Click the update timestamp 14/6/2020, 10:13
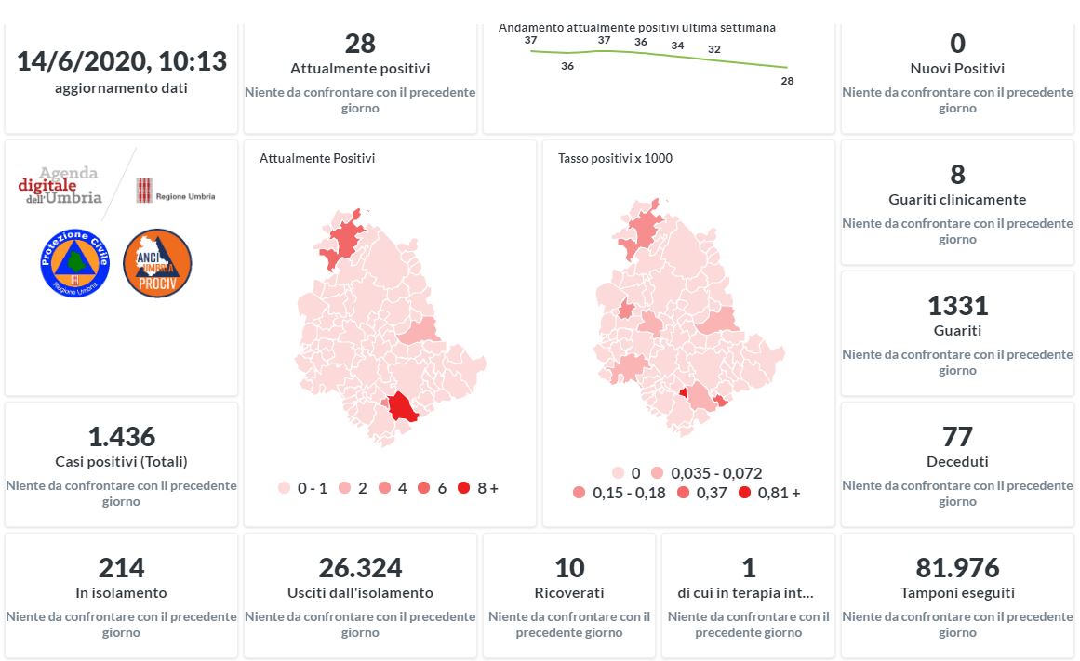pos(121,61)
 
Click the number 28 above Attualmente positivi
pos(360,44)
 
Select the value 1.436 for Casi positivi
pos(121,437)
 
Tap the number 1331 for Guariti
pos(957,306)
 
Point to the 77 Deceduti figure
pos(957,437)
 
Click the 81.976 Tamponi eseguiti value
pos(957,568)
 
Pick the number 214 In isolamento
pos(121,568)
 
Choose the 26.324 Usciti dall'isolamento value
pos(360,568)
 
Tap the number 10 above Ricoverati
pos(569,568)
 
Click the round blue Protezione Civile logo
pos(75,263)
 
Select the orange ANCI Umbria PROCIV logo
pos(157,263)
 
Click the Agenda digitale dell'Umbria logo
pos(60,185)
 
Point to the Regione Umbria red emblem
pos(144,191)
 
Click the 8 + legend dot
pos(463,488)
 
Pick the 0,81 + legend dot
pos(744,493)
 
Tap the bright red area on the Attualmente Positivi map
pos(403,407)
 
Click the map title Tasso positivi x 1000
pos(615,159)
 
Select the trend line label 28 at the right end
pos(787,81)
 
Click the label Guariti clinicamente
pos(957,200)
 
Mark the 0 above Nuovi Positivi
pos(957,44)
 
